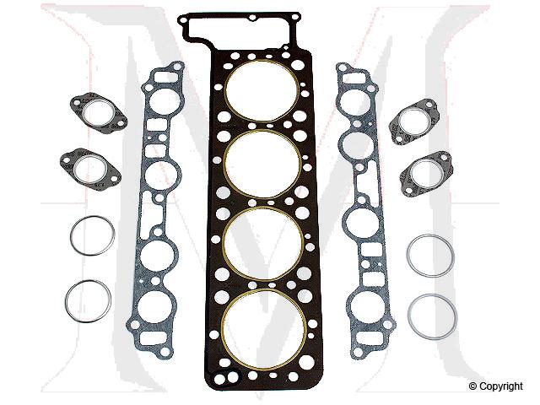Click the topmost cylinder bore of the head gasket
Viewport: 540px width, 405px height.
pyautogui.click(x=262, y=89)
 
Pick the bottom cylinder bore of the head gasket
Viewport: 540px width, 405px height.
pyautogui.click(x=262, y=321)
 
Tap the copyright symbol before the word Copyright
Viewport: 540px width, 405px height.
pyautogui.click(x=474, y=387)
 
